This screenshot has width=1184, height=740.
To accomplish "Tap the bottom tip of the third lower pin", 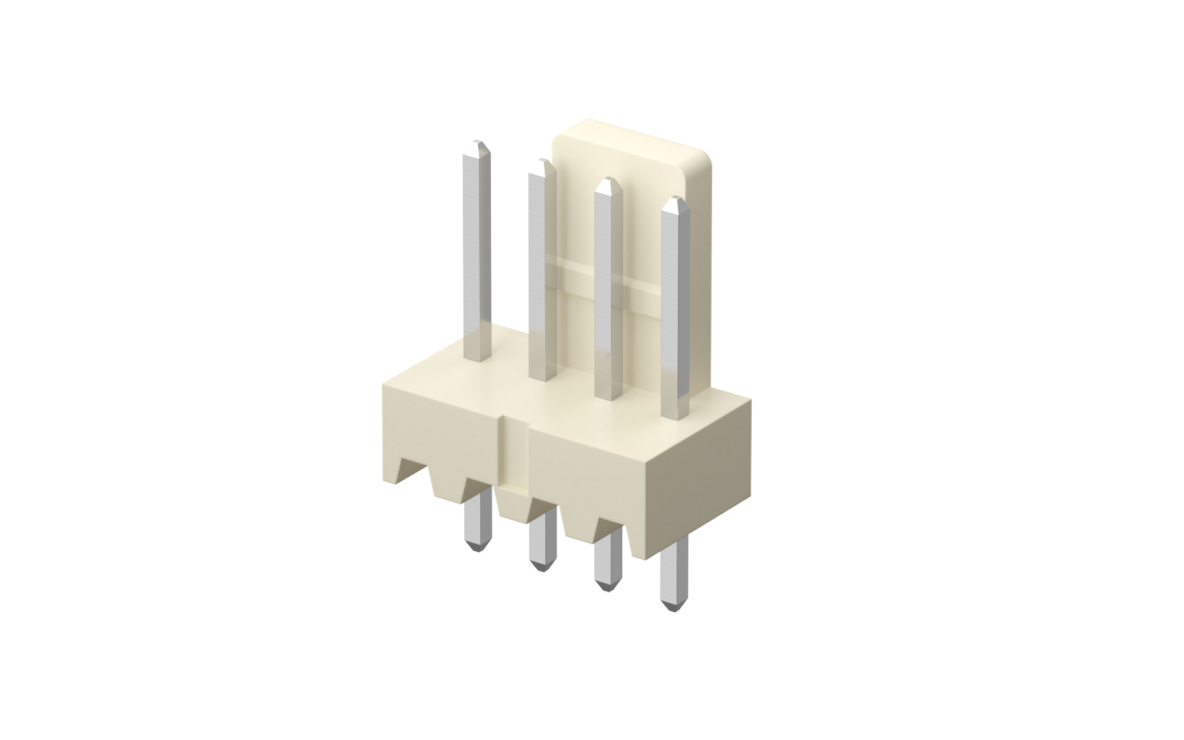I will click(x=607, y=589).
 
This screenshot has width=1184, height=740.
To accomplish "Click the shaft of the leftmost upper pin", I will click(x=476, y=259).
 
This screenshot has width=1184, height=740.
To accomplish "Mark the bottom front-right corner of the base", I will click(x=646, y=558).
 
